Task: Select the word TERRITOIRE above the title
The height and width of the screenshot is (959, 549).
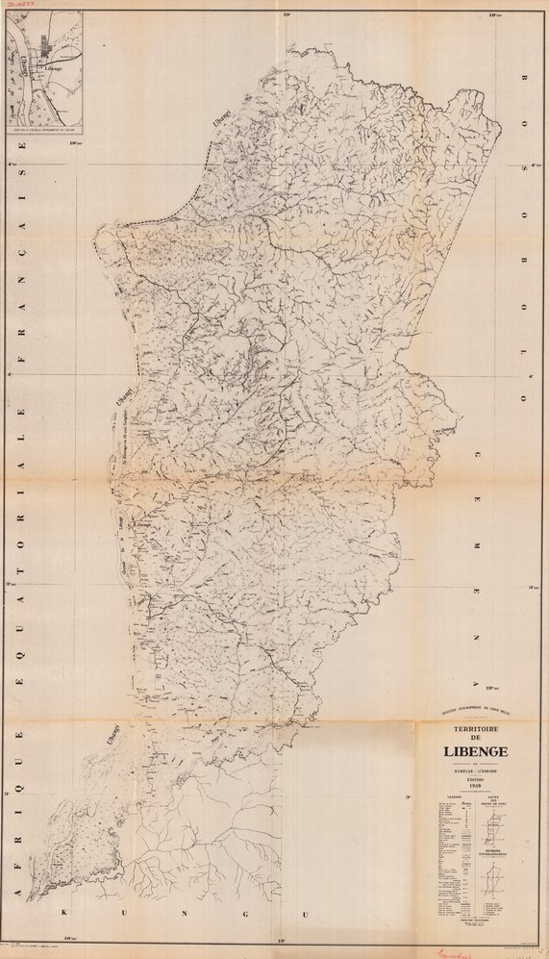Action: coord(471,727)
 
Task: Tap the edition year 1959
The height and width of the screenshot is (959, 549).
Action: coord(471,785)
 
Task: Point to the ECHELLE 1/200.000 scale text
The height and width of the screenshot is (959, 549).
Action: coord(471,770)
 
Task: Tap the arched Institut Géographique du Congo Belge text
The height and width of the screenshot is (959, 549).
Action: coord(470,712)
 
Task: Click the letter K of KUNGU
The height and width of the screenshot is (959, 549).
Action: coord(66,910)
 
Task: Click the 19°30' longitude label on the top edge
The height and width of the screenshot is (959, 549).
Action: coord(491,14)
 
